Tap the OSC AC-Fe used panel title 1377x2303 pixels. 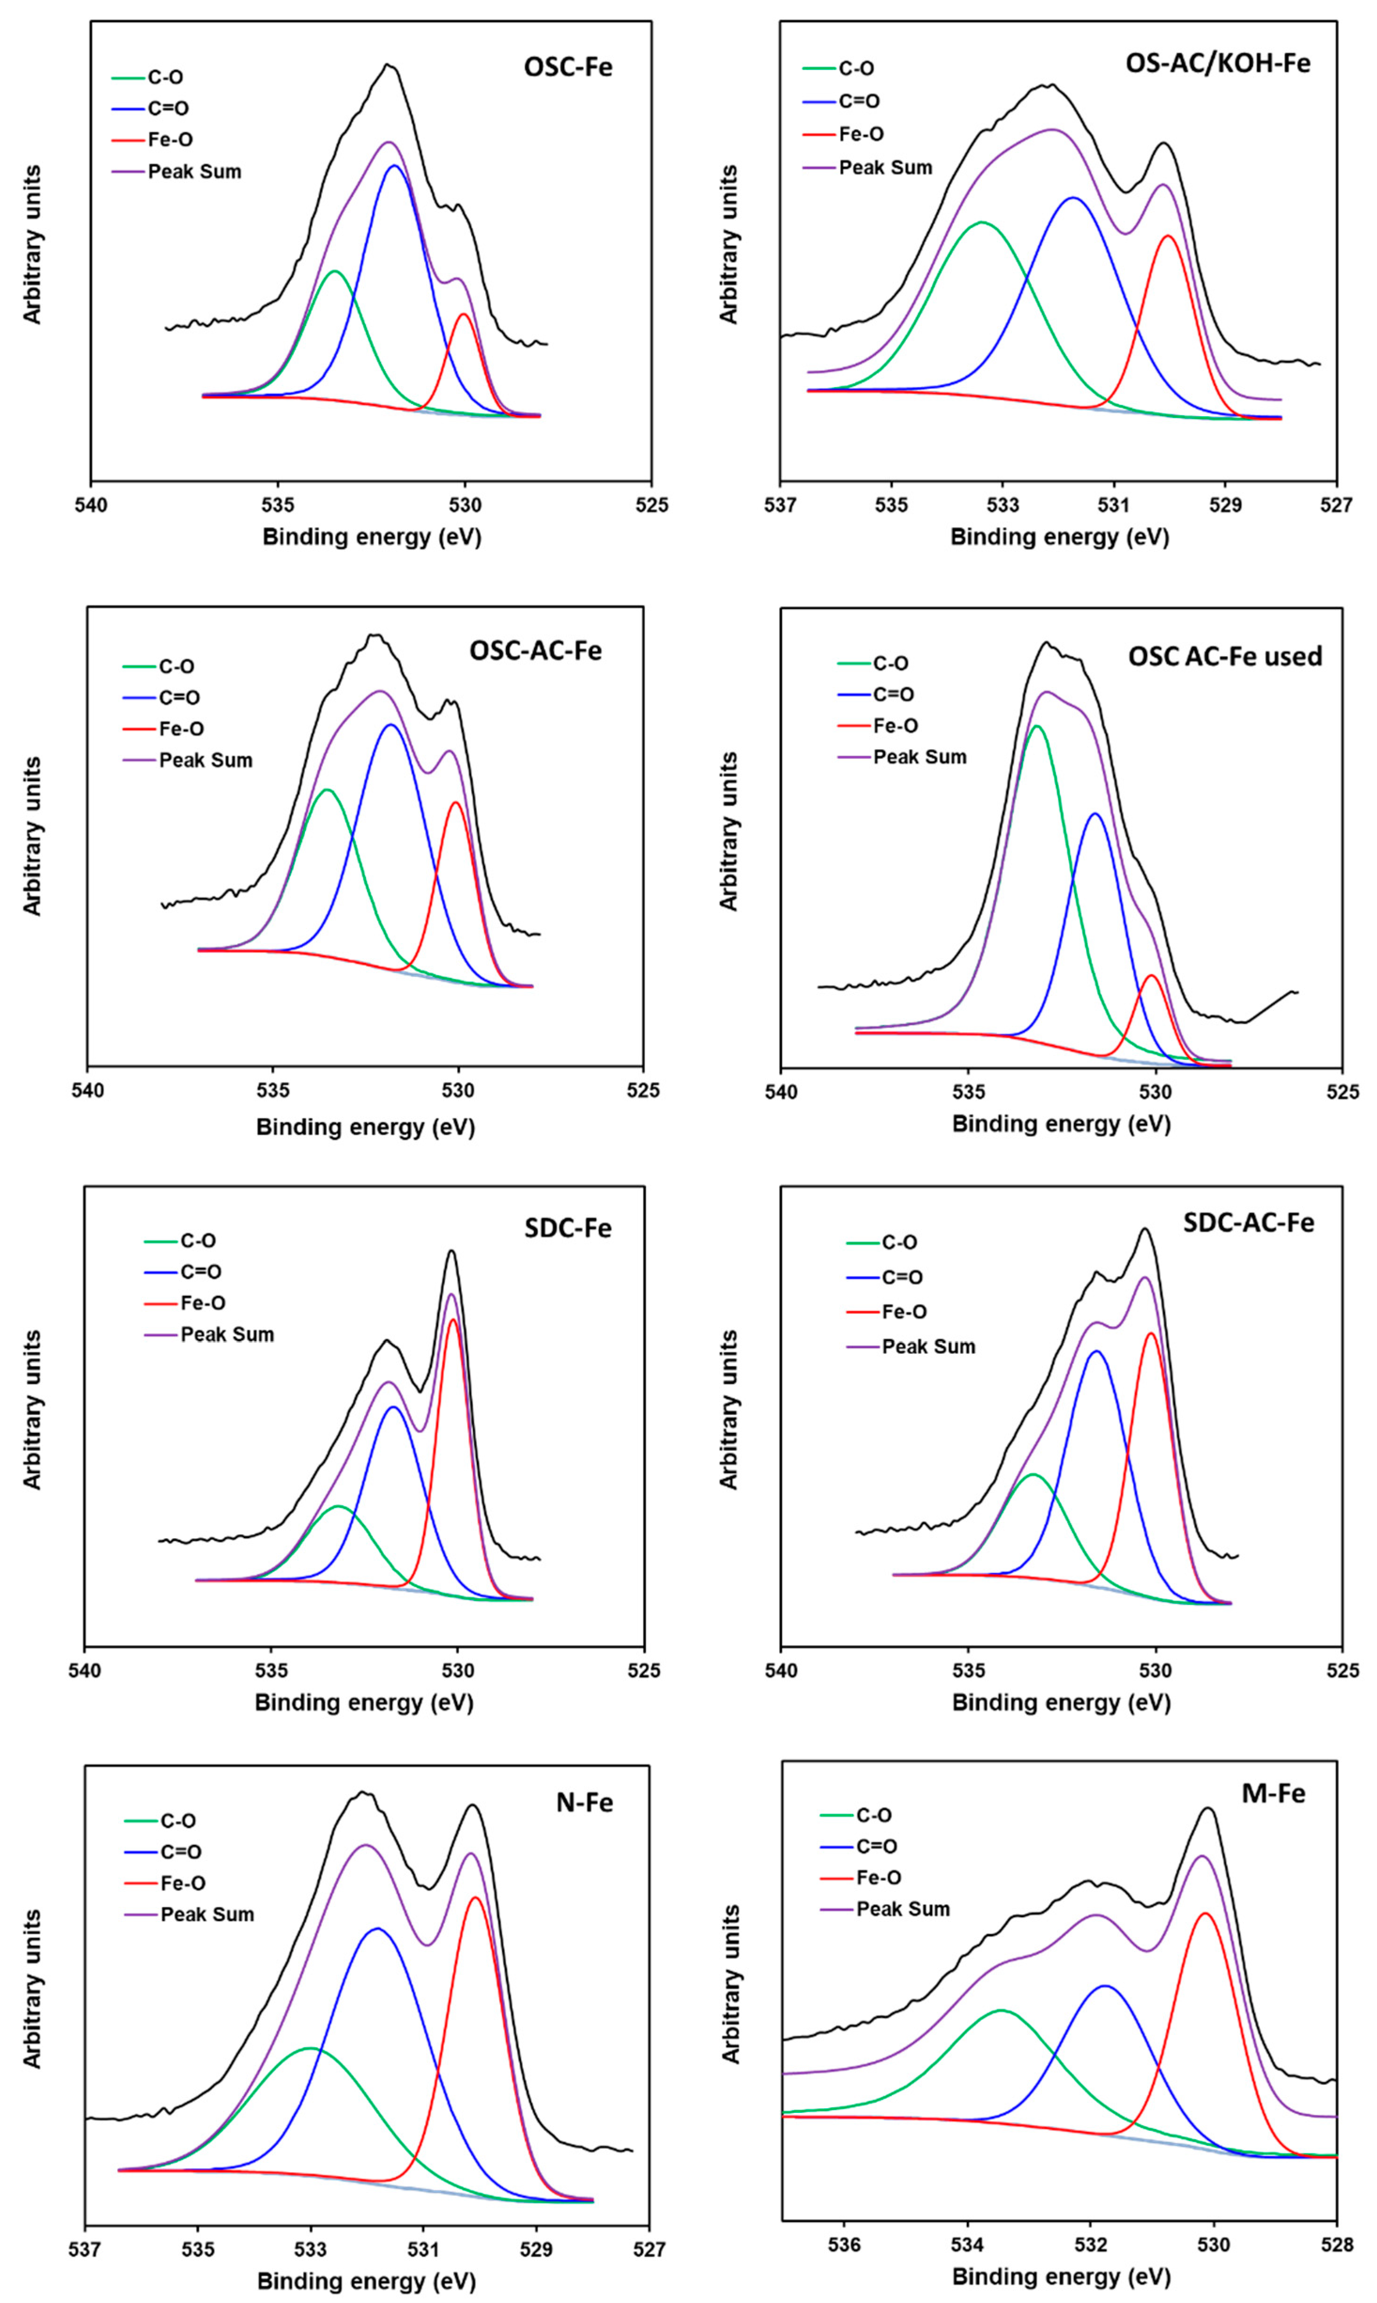click(x=1225, y=656)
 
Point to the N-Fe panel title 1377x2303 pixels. click(x=585, y=1802)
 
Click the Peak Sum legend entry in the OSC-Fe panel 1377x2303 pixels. click(x=194, y=172)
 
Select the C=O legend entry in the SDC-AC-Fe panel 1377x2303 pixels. click(x=902, y=1277)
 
